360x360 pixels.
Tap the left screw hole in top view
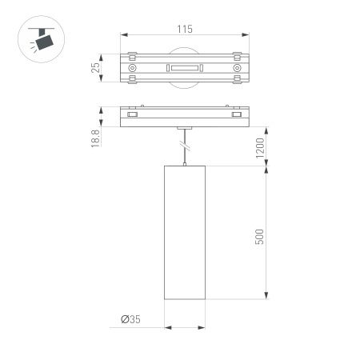(x=129, y=70)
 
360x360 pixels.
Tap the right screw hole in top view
(x=237, y=70)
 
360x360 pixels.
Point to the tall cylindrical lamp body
(x=183, y=235)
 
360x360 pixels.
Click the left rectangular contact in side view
(x=131, y=116)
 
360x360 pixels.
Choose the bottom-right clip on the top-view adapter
(x=237, y=81)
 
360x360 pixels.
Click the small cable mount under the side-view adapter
(x=183, y=127)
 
